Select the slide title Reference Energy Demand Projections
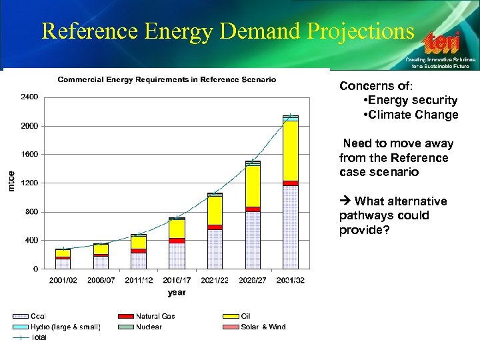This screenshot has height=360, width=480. pos(227,31)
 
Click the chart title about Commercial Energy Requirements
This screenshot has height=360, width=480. pos(167,79)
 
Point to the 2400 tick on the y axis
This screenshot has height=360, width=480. pos(29,97)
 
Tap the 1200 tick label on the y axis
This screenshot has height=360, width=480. pos(29,183)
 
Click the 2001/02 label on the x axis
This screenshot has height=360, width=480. pos(63,281)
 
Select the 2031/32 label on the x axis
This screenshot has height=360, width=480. pos(290,281)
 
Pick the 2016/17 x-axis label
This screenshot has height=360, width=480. pos(177,281)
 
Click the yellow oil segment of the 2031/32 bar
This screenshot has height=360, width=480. pos(290,150)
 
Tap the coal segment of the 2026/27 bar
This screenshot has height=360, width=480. pos(253,240)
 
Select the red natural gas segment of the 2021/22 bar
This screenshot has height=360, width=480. pos(215,227)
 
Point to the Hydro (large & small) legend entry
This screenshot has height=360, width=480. pos(57,327)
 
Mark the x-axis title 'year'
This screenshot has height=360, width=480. pos(177,292)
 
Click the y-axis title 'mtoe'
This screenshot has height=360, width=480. pos(11,181)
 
